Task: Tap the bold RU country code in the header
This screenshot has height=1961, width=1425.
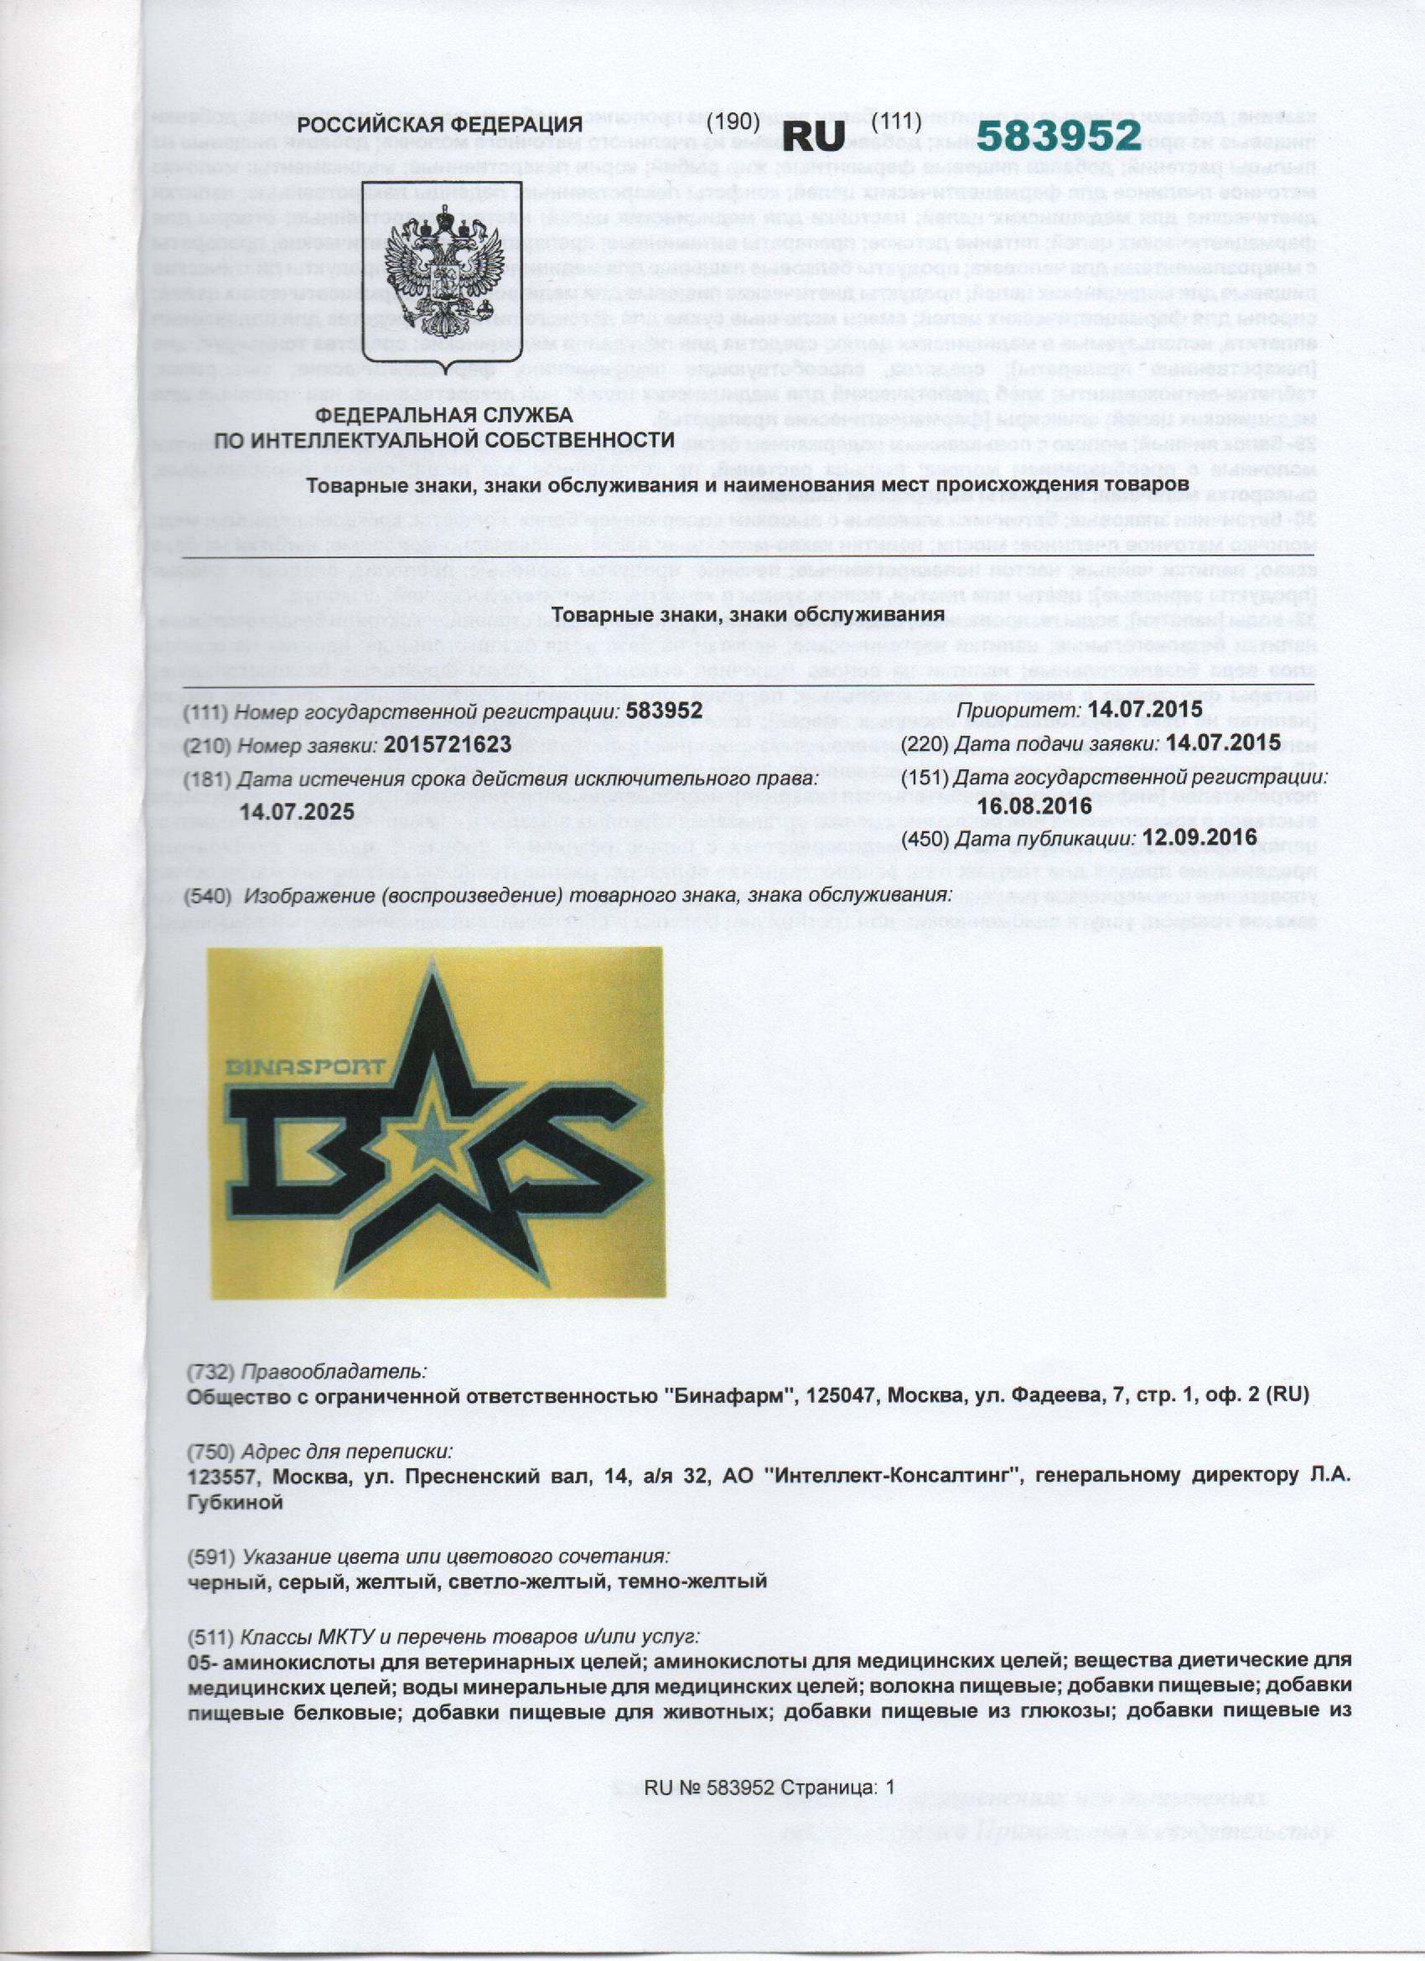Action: coord(812,136)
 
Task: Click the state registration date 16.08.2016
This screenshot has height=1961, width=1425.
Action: coord(1029,806)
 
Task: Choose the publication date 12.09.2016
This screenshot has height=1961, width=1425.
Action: coord(1199,837)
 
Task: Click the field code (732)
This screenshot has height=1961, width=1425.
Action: coord(211,1371)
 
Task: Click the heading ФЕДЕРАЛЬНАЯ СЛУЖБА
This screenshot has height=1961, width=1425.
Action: coord(443,416)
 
